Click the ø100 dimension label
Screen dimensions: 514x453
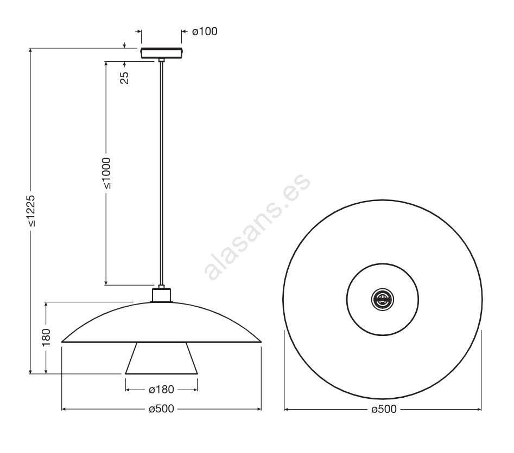[x=205, y=31]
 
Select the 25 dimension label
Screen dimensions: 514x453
[x=125, y=78]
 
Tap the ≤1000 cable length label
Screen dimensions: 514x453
[x=106, y=173]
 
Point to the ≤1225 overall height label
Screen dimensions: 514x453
[x=31, y=211]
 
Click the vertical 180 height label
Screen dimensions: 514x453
[x=46, y=337]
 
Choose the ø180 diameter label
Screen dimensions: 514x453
[x=161, y=390]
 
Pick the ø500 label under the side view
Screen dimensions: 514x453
[x=161, y=409]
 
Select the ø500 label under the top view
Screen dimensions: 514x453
[x=384, y=409]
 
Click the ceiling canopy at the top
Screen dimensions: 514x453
[x=162, y=53]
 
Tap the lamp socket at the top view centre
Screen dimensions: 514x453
[x=383, y=299]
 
